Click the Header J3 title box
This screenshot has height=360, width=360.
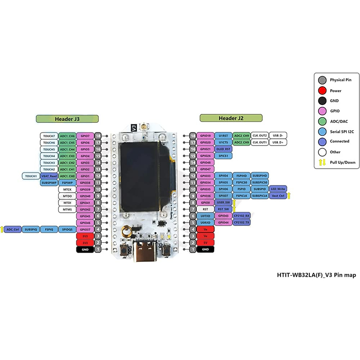point(67,119)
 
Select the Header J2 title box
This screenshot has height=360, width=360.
point(231,118)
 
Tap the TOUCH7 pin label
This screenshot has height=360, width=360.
point(49,136)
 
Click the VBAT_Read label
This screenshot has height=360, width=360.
point(49,176)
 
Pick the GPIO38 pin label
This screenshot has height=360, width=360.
point(85,183)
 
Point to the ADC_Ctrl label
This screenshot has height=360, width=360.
point(13,229)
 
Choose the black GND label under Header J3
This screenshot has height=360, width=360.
point(85,249)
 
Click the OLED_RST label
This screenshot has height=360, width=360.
point(223,149)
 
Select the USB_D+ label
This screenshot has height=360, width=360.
point(278,142)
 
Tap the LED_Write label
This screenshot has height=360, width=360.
point(278,189)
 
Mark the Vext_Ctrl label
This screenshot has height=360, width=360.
point(278,196)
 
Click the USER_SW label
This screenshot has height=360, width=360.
point(223,202)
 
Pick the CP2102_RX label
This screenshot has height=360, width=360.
point(241,216)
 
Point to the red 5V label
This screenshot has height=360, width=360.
point(205,243)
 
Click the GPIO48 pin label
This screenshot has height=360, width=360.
point(205,163)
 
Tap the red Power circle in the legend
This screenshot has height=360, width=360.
point(322,91)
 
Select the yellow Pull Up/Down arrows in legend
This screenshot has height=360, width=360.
point(322,163)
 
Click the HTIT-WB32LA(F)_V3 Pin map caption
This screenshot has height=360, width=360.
point(316,275)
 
